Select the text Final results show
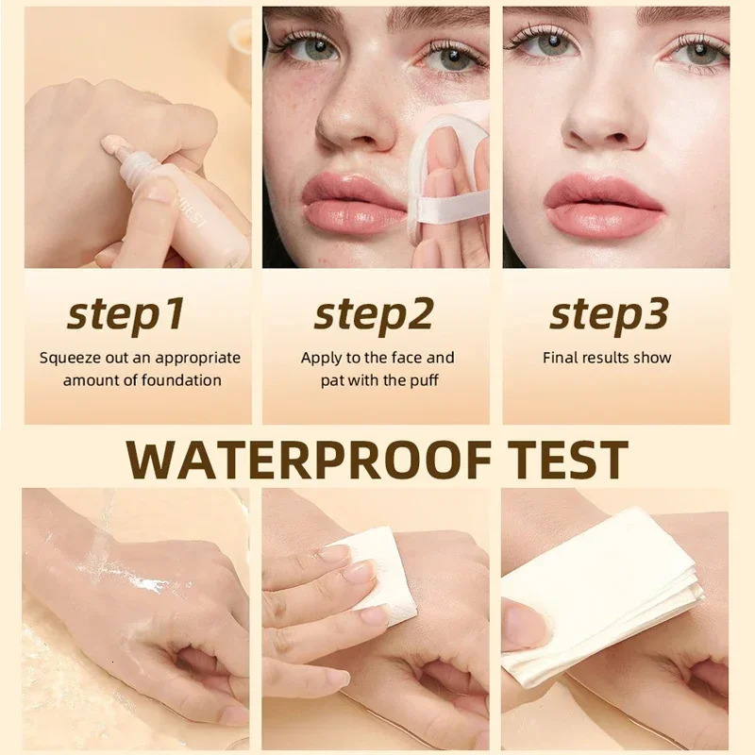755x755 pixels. click(607, 358)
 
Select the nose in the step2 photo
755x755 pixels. click(354, 118)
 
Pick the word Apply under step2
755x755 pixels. click(321, 358)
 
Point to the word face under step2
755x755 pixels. click(406, 358)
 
